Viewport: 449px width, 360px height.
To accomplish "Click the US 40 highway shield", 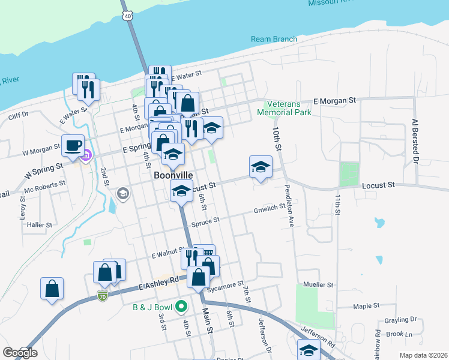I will (x=127, y=16).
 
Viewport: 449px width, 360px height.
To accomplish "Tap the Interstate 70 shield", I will (x=103, y=296).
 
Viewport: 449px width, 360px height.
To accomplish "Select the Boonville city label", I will (x=173, y=175).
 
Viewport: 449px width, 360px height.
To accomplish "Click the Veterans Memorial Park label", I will (x=285, y=108).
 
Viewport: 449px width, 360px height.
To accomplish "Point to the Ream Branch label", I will (x=274, y=40).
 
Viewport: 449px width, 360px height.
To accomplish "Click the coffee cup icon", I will (x=73, y=145).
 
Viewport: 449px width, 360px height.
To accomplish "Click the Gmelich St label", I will (x=270, y=209).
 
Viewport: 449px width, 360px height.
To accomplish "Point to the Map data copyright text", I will (x=425, y=355).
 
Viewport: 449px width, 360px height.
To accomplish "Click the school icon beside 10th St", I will (x=261, y=167).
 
